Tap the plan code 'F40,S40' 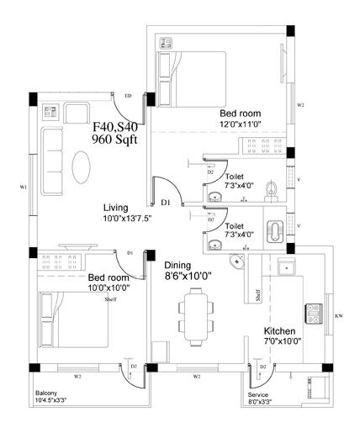[x=115, y=126]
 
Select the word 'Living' [x=115, y=207]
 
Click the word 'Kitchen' [x=280, y=330]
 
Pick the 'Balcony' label [x=46, y=393]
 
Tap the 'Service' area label [x=257, y=394]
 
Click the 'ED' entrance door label [x=128, y=96]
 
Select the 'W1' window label [x=24, y=186]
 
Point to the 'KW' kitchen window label [x=338, y=316]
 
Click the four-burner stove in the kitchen [x=314, y=313]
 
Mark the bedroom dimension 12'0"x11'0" [x=240, y=124]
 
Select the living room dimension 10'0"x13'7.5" [x=128, y=219]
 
